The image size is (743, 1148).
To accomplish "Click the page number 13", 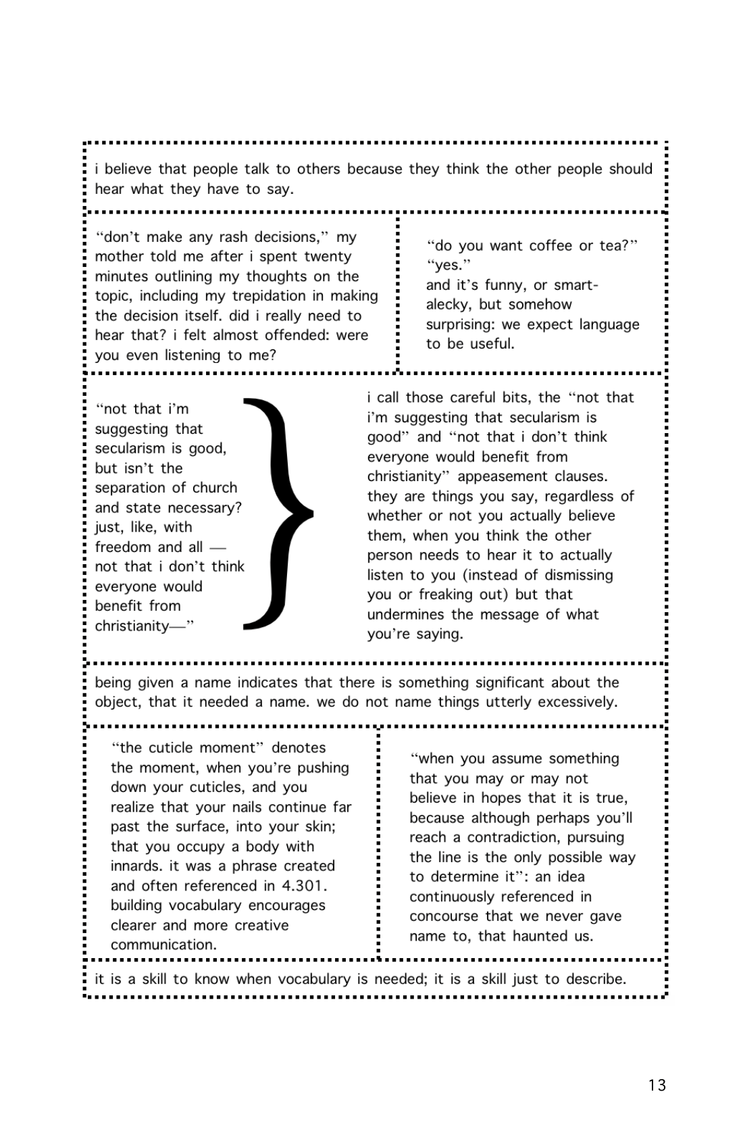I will pos(657,1085).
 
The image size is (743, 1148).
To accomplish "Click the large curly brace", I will pos(278,514).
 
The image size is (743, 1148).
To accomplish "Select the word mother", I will pos(117,257).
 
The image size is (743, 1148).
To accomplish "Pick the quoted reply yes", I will pos(449,266).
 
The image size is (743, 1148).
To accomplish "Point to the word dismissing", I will pos(573,575).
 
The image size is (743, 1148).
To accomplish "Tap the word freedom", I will pos(124,547).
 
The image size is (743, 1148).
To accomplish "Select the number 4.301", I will pos(305,886).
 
